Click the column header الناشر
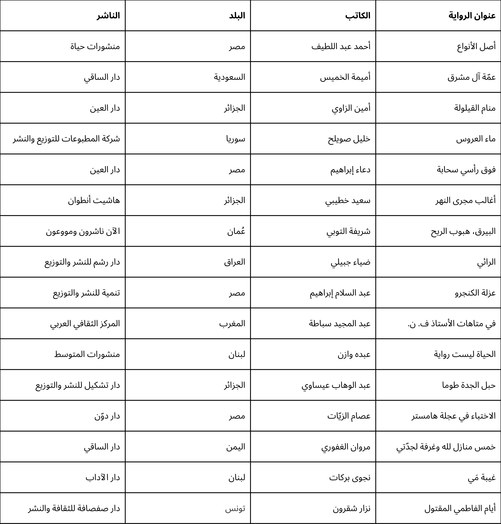(108, 16)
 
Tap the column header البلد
(237, 16)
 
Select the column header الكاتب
(358, 16)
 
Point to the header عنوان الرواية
(472, 16)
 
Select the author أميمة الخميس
(345, 77)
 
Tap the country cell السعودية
(229, 77)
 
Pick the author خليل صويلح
(349, 139)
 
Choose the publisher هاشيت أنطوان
(94, 200)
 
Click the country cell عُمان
(236, 231)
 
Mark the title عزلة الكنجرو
(475, 293)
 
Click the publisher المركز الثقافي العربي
(85, 324)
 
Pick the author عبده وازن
(354, 355)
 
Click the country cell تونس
(235, 509)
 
